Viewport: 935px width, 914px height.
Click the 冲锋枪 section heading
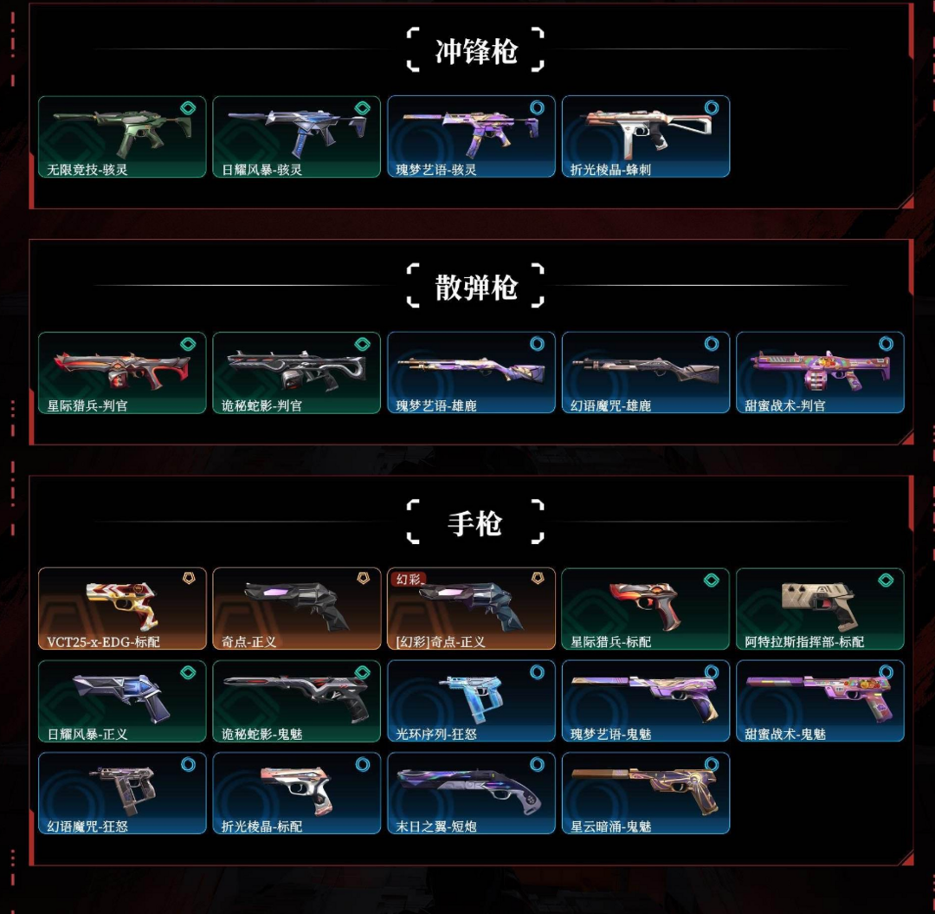pyautogui.click(x=476, y=51)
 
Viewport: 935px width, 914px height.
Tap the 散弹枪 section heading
pyautogui.click(x=476, y=287)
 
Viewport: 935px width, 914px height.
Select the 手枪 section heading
pyautogui.click(x=475, y=523)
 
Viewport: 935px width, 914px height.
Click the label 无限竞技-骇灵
pyautogui.click(x=87, y=170)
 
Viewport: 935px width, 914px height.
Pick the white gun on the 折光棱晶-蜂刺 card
pyautogui.click(x=648, y=129)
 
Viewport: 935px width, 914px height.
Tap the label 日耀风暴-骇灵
pyautogui.click(x=261, y=170)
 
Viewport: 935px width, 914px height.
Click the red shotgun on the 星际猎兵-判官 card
pyautogui.click(x=122, y=369)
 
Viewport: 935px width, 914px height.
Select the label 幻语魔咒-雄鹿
pyautogui.click(x=610, y=405)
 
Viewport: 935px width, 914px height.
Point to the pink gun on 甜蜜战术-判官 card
pyautogui.click(x=821, y=370)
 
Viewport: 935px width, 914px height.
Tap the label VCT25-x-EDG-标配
pyautogui.click(x=103, y=642)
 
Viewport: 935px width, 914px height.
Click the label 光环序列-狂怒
pyautogui.click(x=436, y=734)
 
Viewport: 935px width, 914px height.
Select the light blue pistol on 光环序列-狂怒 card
pyautogui.click(x=471, y=697)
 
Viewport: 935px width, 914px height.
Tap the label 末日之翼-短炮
pyautogui.click(x=436, y=826)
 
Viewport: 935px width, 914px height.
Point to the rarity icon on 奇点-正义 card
pyautogui.click(x=363, y=578)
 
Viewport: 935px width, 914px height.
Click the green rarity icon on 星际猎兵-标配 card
pyautogui.click(x=711, y=580)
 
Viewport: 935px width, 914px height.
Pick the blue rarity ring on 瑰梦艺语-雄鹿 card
pyautogui.click(x=537, y=343)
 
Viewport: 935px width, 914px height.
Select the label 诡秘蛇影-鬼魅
pyautogui.click(x=261, y=734)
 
